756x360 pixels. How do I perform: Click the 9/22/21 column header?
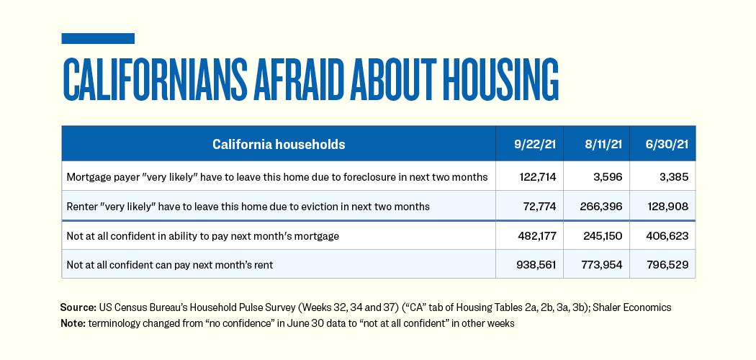click(529, 145)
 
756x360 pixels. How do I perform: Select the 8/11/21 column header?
click(596, 145)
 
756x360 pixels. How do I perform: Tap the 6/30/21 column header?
click(662, 145)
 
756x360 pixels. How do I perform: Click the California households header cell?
click(279, 145)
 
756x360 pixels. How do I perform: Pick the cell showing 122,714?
click(536, 176)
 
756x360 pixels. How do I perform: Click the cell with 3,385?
click(672, 176)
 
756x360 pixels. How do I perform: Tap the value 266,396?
click(601, 206)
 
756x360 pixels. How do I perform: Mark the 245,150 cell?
click(601, 235)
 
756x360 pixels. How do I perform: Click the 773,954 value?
click(601, 264)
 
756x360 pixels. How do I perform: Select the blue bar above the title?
click(98, 38)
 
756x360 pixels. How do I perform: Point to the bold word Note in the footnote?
click(73, 323)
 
